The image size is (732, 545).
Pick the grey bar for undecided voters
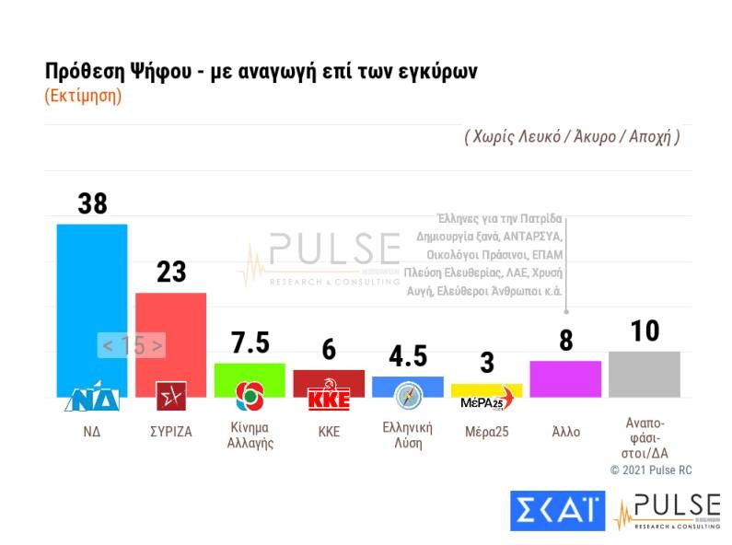pyautogui.click(x=645, y=374)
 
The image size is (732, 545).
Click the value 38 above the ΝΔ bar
pyautogui.click(x=92, y=203)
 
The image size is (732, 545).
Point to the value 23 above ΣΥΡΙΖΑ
pyautogui.click(x=170, y=272)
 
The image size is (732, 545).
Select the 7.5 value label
pyautogui.click(x=250, y=342)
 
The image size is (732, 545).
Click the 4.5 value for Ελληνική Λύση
pyautogui.click(x=408, y=356)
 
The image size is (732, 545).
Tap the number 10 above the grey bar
pyautogui.click(x=645, y=331)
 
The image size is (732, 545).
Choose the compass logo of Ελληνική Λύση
pyautogui.click(x=408, y=396)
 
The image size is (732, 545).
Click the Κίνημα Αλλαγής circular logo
pyautogui.click(x=250, y=396)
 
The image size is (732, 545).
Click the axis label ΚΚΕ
pyautogui.click(x=329, y=431)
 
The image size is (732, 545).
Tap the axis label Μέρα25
pyautogui.click(x=486, y=431)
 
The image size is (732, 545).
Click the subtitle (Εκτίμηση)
pyautogui.click(x=83, y=96)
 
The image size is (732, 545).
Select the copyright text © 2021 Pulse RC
pyautogui.click(x=651, y=470)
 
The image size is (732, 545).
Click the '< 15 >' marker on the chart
pyautogui.click(x=133, y=346)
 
